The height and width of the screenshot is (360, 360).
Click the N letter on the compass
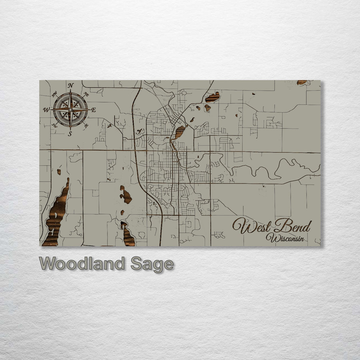tap(70, 86)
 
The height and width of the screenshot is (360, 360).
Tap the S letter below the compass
tap(70, 134)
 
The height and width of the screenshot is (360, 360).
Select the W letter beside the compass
tap(46, 109)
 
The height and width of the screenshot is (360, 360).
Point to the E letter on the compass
tap(94, 110)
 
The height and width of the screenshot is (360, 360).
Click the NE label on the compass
tap(86, 94)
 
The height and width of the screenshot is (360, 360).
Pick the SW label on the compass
tap(55, 125)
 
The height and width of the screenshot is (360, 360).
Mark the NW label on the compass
tap(54, 94)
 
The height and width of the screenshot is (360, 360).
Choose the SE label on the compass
tap(86, 126)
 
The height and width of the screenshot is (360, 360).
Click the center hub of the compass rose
tap(70, 110)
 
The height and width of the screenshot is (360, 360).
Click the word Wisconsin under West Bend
tap(285, 238)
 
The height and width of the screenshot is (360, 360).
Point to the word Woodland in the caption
tap(82, 264)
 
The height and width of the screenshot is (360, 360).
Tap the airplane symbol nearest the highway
tap(139, 131)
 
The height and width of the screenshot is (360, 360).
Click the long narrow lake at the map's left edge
tap(57, 215)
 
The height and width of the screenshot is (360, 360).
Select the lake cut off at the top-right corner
tap(302, 82)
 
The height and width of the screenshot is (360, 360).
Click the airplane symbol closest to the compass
tap(109, 126)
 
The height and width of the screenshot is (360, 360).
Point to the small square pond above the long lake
tap(59, 172)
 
